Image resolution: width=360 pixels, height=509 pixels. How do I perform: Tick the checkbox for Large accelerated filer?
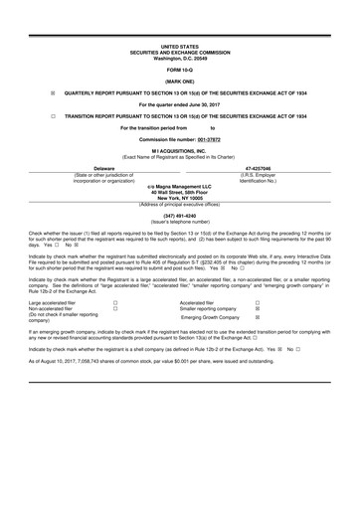pyautogui.click(x=115, y=302)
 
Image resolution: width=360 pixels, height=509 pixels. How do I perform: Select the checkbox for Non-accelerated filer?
pyautogui.click(x=115, y=309)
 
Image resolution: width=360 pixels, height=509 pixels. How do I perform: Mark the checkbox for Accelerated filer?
pyautogui.click(x=258, y=302)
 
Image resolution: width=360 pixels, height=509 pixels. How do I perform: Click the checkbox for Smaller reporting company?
pyautogui.click(x=258, y=309)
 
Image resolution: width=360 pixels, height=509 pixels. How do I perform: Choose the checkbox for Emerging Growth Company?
pyautogui.click(x=258, y=318)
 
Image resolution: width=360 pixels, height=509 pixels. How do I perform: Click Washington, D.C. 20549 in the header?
pyautogui.click(x=180, y=58)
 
